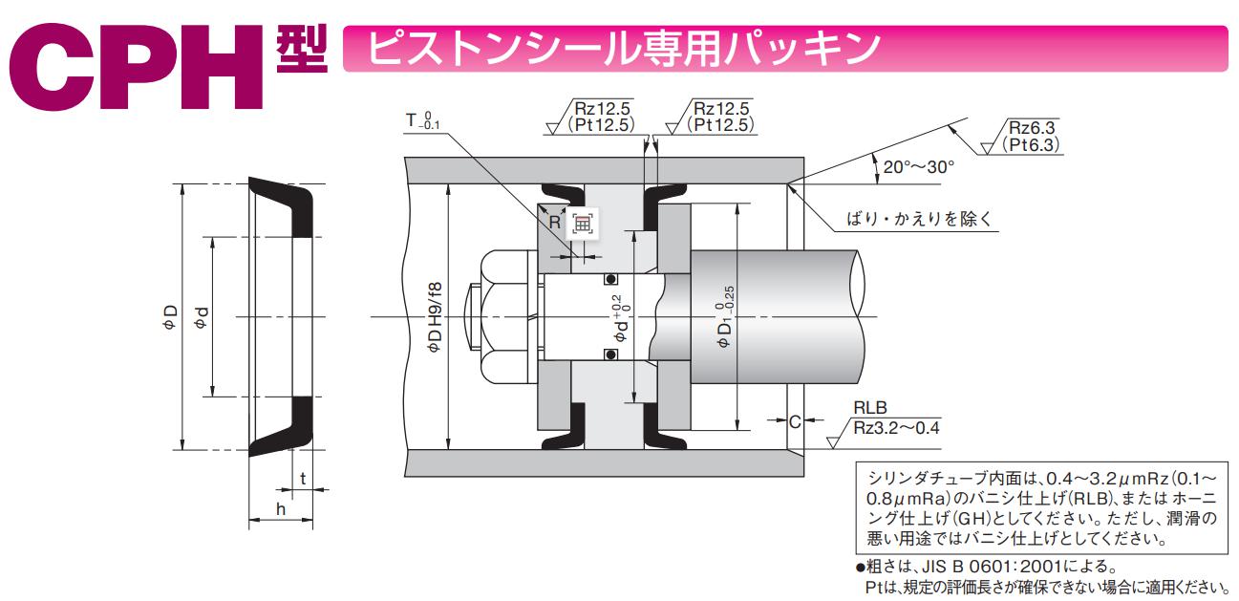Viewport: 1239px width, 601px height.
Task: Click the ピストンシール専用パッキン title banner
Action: (621, 49)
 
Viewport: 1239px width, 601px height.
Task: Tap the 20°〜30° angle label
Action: (918, 166)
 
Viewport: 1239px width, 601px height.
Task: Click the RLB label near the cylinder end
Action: (869, 409)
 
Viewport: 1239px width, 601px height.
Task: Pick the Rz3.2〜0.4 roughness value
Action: (896, 427)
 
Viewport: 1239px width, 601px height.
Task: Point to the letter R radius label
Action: (554, 222)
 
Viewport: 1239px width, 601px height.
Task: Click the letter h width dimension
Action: (280, 509)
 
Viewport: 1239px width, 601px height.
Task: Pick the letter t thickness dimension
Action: (302, 479)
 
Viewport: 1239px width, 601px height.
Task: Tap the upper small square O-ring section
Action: (609, 280)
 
